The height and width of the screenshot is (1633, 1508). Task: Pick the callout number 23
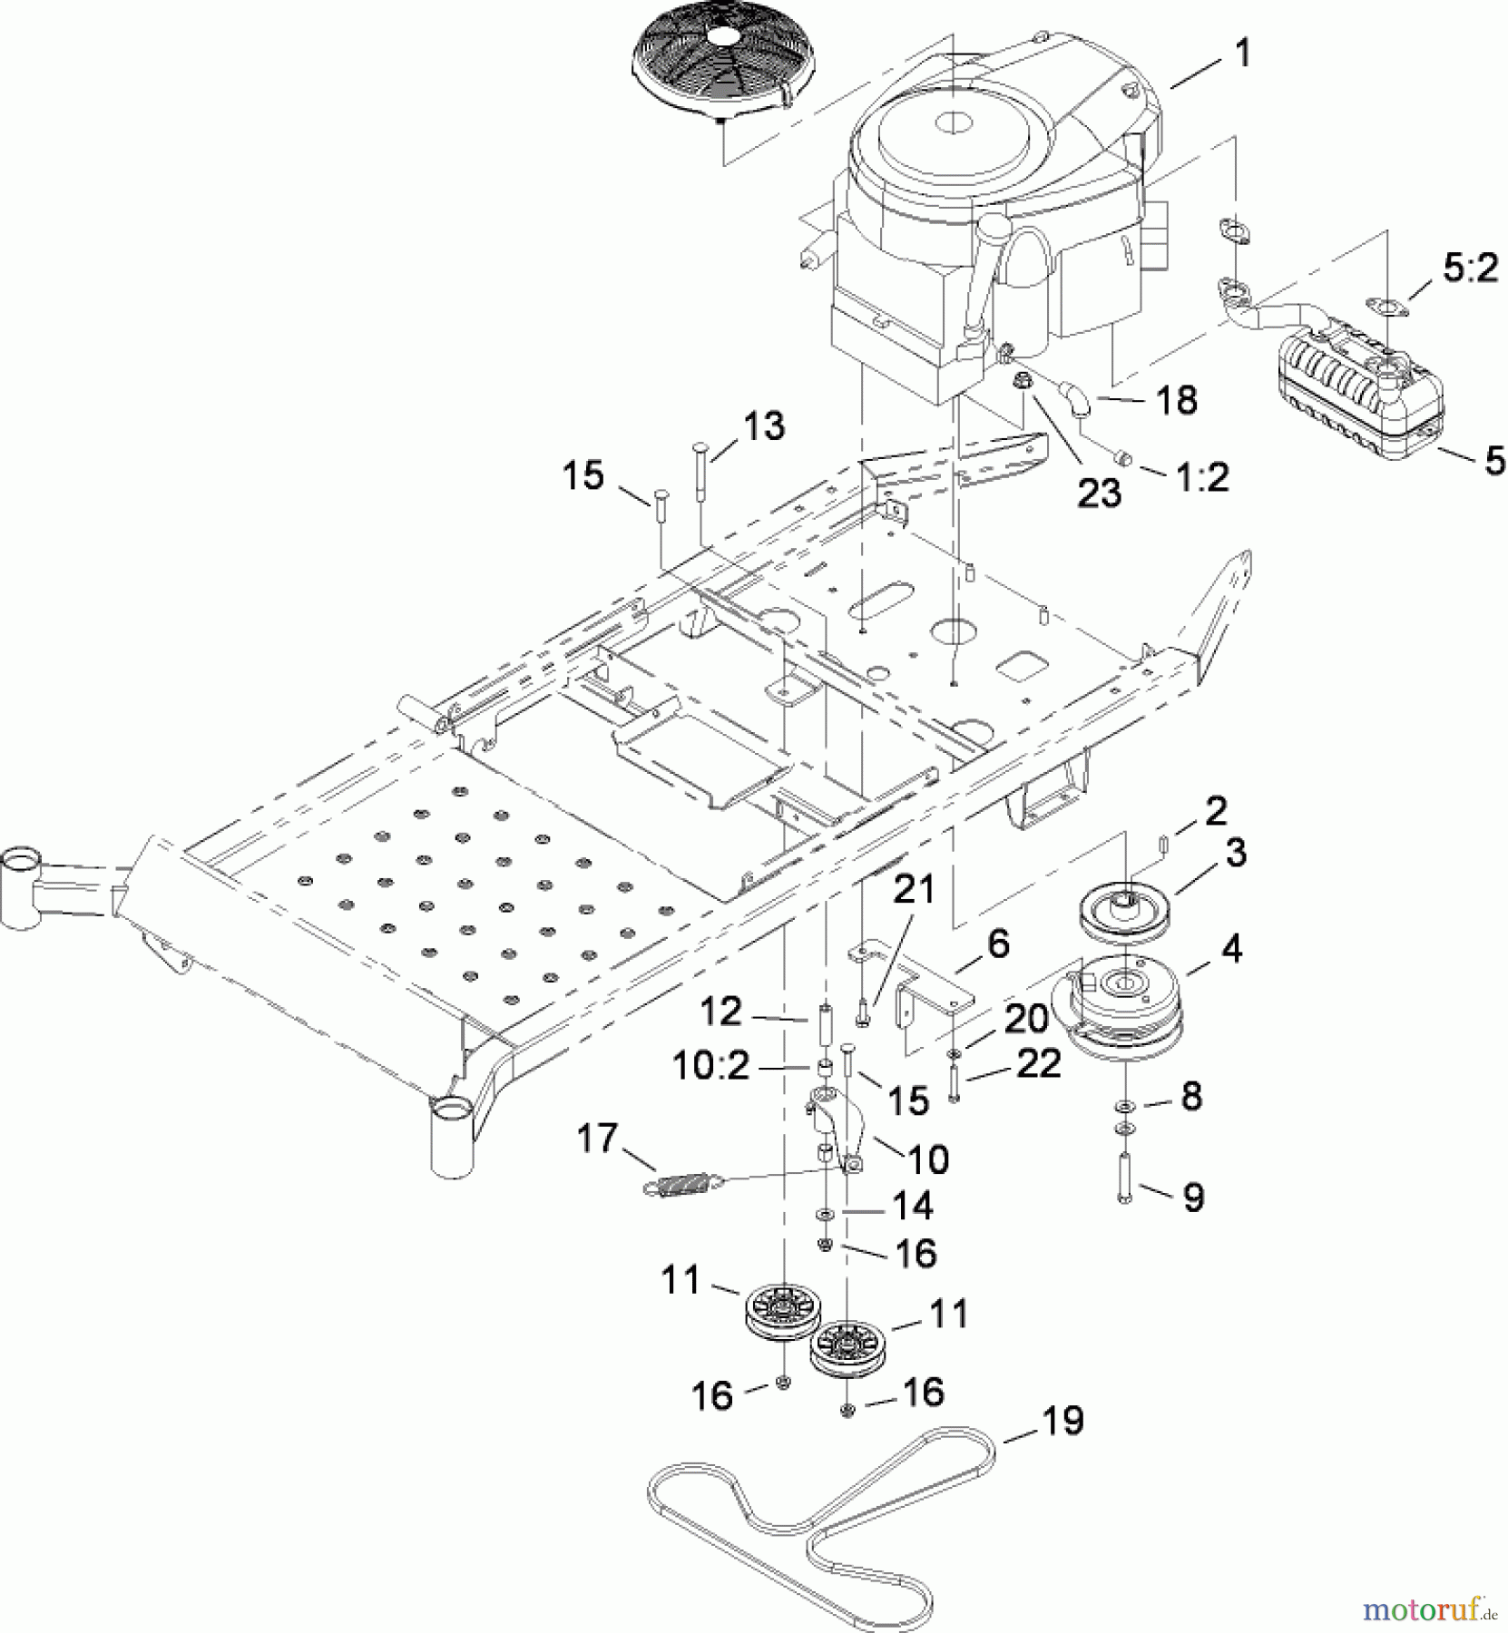pyautogui.click(x=1099, y=493)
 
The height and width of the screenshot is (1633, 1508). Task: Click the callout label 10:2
pyautogui.click(x=710, y=1066)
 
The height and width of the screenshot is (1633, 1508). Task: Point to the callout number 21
pyautogui.click(x=914, y=890)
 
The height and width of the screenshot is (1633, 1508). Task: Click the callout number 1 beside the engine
pyautogui.click(x=1242, y=54)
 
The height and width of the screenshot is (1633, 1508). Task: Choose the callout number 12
pyautogui.click(x=721, y=1012)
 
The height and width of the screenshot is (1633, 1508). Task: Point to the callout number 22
pyautogui.click(x=1039, y=1063)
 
